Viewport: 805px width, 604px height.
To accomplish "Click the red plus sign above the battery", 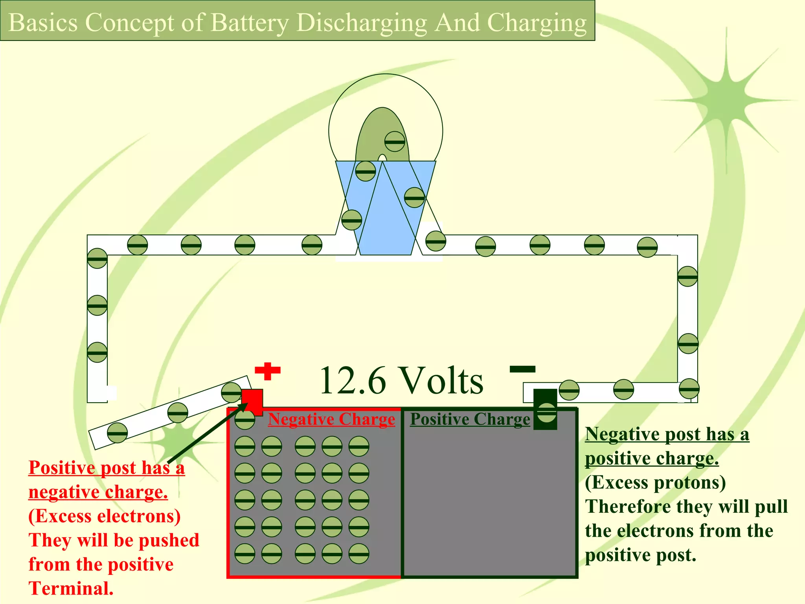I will click(x=268, y=371).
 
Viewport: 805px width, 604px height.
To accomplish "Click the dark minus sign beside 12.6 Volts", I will click(x=522, y=369).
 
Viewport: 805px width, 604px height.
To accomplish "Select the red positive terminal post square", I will click(x=252, y=401).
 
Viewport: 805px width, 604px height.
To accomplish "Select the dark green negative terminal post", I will click(x=545, y=409).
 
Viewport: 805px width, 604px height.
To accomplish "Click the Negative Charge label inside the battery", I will click(x=331, y=419).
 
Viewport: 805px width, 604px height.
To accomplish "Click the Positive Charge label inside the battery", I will click(x=470, y=419).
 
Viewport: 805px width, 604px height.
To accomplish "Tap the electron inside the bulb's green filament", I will click(x=395, y=142).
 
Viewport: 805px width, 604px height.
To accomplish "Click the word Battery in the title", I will click(x=250, y=22).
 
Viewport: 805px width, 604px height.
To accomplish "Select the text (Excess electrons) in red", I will click(x=105, y=516).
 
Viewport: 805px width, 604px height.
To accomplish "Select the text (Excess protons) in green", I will click(x=655, y=482).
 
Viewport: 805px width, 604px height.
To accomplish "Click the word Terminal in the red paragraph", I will click(x=71, y=589).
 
